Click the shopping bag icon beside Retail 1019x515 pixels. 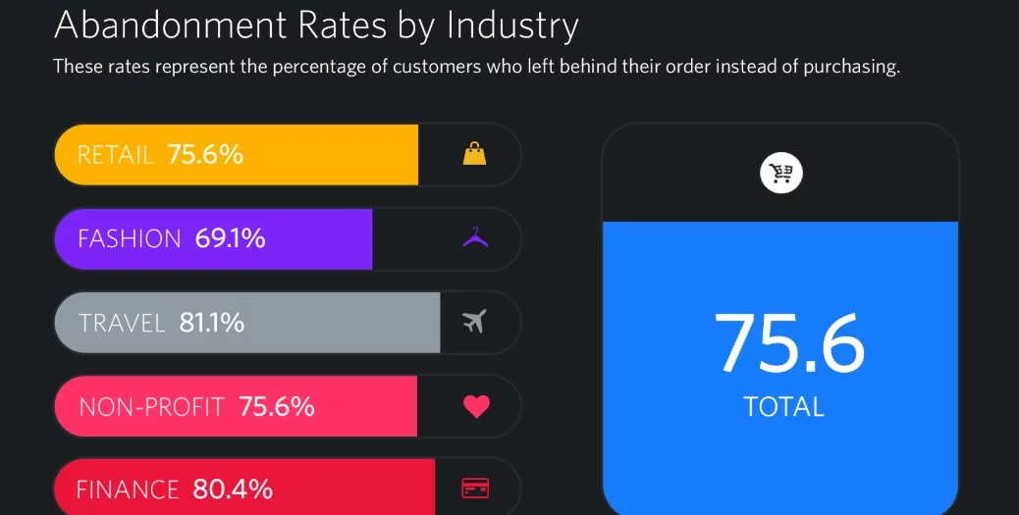[x=474, y=154]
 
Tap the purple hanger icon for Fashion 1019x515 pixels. [x=475, y=238]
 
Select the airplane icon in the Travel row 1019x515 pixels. [x=474, y=322]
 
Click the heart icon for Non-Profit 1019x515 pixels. [x=476, y=406]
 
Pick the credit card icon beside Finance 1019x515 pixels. [x=475, y=488]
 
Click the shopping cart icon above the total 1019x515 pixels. [x=781, y=175]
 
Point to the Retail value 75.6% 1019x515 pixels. [x=205, y=155]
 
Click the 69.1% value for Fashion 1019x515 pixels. [x=230, y=238]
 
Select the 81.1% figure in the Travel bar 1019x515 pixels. [x=212, y=323]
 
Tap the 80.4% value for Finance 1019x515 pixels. [x=233, y=489]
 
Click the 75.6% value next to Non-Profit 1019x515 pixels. [x=277, y=406]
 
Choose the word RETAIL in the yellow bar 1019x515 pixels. [x=115, y=155]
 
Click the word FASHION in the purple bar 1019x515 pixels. [x=130, y=238]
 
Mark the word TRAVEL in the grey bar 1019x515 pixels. [x=122, y=323]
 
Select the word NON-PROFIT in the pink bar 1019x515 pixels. [x=151, y=406]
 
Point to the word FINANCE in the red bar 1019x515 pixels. [x=128, y=489]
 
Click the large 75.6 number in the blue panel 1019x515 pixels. [x=789, y=343]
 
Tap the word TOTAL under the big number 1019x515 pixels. [x=783, y=406]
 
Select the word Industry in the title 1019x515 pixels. [x=512, y=26]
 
